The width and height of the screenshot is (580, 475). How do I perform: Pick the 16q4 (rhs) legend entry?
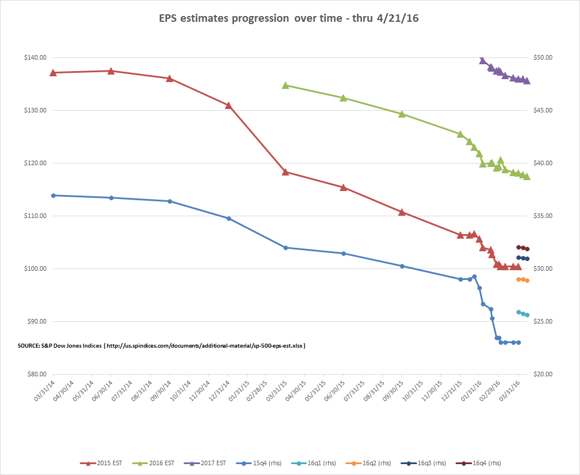coord(481,463)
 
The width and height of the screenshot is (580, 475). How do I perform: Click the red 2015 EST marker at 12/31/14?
coord(228,106)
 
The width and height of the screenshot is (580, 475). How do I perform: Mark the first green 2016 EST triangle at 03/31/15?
coord(286,85)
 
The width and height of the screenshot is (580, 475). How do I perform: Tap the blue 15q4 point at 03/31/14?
coord(53,196)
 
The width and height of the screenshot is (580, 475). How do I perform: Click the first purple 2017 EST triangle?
coord(482,60)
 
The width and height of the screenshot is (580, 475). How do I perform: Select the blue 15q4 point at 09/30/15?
coord(402,266)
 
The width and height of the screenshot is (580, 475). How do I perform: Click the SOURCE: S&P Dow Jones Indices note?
coord(161,346)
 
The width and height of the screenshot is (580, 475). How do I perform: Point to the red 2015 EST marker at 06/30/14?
coord(111,71)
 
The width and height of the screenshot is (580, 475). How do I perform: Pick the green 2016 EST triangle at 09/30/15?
coord(402,114)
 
